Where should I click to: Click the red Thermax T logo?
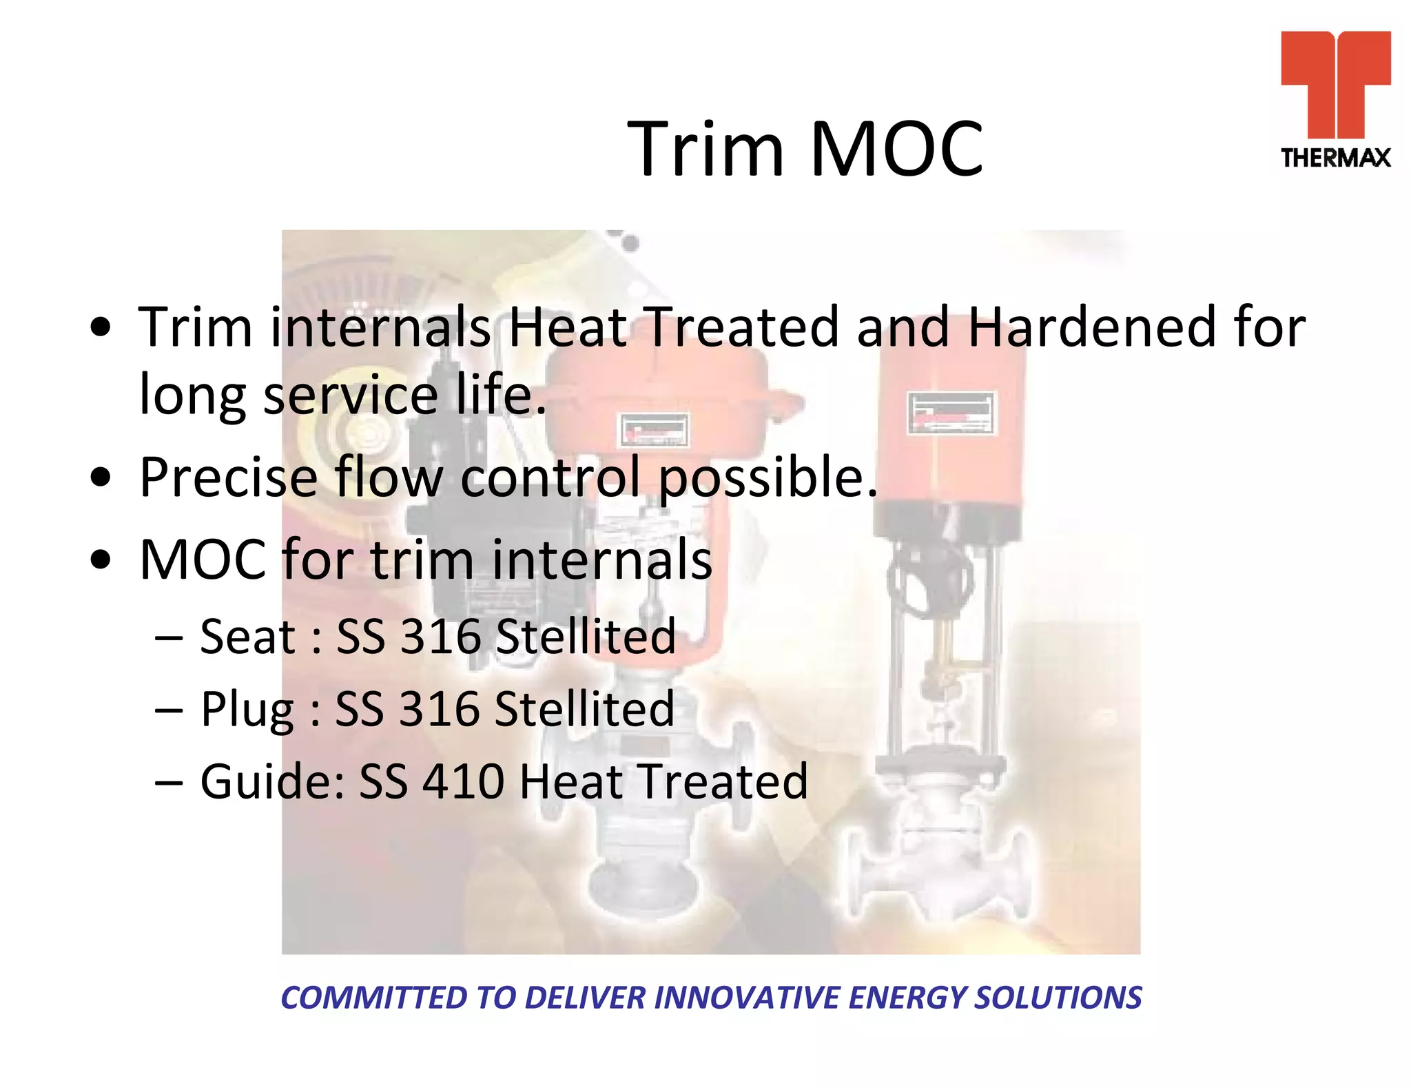pos(1335,83)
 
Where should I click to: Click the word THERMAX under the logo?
pos(1335,158)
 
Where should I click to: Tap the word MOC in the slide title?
pos(897,150)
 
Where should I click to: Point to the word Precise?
pos(228,477)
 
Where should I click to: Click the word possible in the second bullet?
pos(768,478)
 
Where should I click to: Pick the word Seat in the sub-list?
pos(247,637)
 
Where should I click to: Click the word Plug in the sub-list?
pos(247,710)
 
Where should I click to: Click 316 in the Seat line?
pos(440,637)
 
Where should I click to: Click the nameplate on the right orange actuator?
pos(951,413)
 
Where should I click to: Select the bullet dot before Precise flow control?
pos(101,478)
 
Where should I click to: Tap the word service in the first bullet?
pos(351,395)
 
